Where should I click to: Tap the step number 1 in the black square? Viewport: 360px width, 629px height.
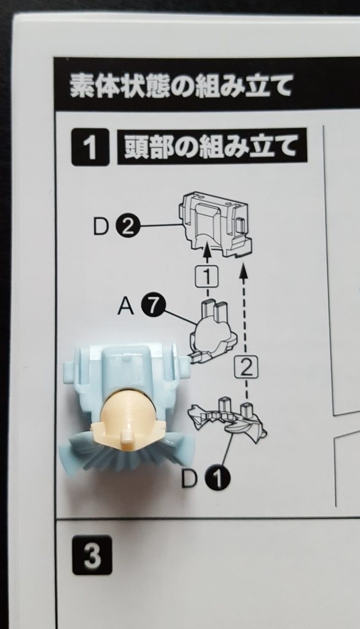(x=90, y=147)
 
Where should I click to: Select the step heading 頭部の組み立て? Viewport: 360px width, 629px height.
(x=212, y=146)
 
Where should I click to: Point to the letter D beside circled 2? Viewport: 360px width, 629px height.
(x=101, y=227)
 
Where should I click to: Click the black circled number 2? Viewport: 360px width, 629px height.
(x=127, y=227)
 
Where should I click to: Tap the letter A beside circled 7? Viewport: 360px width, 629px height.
(x=125, y=307)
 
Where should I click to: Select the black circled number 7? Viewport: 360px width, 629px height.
(x=151, y=307)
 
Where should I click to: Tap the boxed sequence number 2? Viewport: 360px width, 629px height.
(x=246, y=368)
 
